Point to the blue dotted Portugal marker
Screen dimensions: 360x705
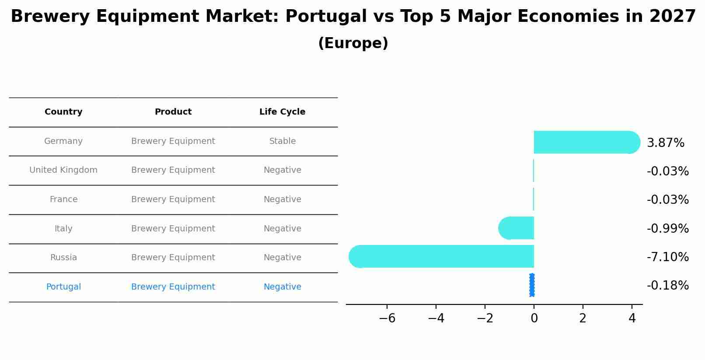click(532, 285)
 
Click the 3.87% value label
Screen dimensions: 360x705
click(665, 143)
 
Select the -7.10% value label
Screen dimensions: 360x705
click(667, 257)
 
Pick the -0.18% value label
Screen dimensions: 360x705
click(667, 286)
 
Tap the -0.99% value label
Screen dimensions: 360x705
click(667, 229)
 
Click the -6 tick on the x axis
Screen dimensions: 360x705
click(387, 318)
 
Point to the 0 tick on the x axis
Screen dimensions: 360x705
click(534, 318)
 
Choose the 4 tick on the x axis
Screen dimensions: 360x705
click(632, 318)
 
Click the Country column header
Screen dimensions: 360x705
click(63, 112)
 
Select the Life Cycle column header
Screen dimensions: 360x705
click(282, 112)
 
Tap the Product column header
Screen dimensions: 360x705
click(173, 112)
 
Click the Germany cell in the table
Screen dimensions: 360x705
click(63, 141)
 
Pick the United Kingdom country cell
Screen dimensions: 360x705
click(63, 170)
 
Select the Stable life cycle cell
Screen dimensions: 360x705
click(282, 141)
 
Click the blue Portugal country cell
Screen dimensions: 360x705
click(63, 287)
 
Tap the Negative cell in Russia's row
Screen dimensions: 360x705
click(282, 258)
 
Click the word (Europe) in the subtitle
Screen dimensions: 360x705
click(353, 43)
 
